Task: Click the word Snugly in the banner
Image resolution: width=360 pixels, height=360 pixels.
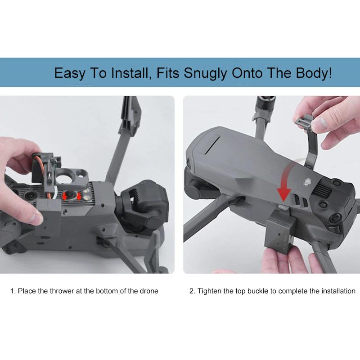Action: pos(205,73)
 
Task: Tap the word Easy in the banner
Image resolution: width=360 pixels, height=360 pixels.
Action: pos(70,73)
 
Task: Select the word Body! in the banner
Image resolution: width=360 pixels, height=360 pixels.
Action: pos(314,72)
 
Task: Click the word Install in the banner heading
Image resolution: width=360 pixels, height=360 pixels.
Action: pos(130,72)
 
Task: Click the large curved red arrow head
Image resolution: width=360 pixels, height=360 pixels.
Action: pos(284,194)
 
